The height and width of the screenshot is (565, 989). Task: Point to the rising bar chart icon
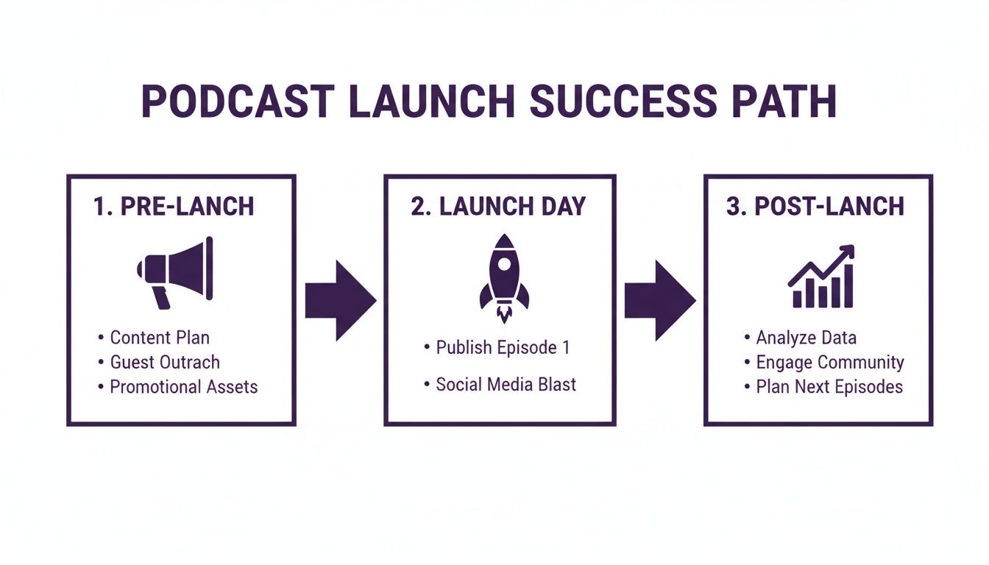tap(820, 277)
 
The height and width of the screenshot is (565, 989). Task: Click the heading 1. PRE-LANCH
tap(174, 206)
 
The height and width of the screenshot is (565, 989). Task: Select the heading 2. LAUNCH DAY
tap(498, 206)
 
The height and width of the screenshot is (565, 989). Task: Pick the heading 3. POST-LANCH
tap(815, 206)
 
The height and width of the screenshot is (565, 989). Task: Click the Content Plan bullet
tap(159, 338)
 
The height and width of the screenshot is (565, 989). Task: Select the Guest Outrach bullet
tap(164, 362)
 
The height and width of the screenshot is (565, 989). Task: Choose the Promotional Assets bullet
tap(183, 386)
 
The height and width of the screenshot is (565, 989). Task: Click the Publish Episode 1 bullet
tap(503, 347)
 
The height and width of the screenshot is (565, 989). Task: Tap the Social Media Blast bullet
tap(506, 384)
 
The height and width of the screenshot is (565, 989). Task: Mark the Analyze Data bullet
tap(806, 338)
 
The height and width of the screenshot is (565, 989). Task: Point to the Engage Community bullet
tap(829, 362)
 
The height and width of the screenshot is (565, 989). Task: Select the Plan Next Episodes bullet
tap(829, 386)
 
